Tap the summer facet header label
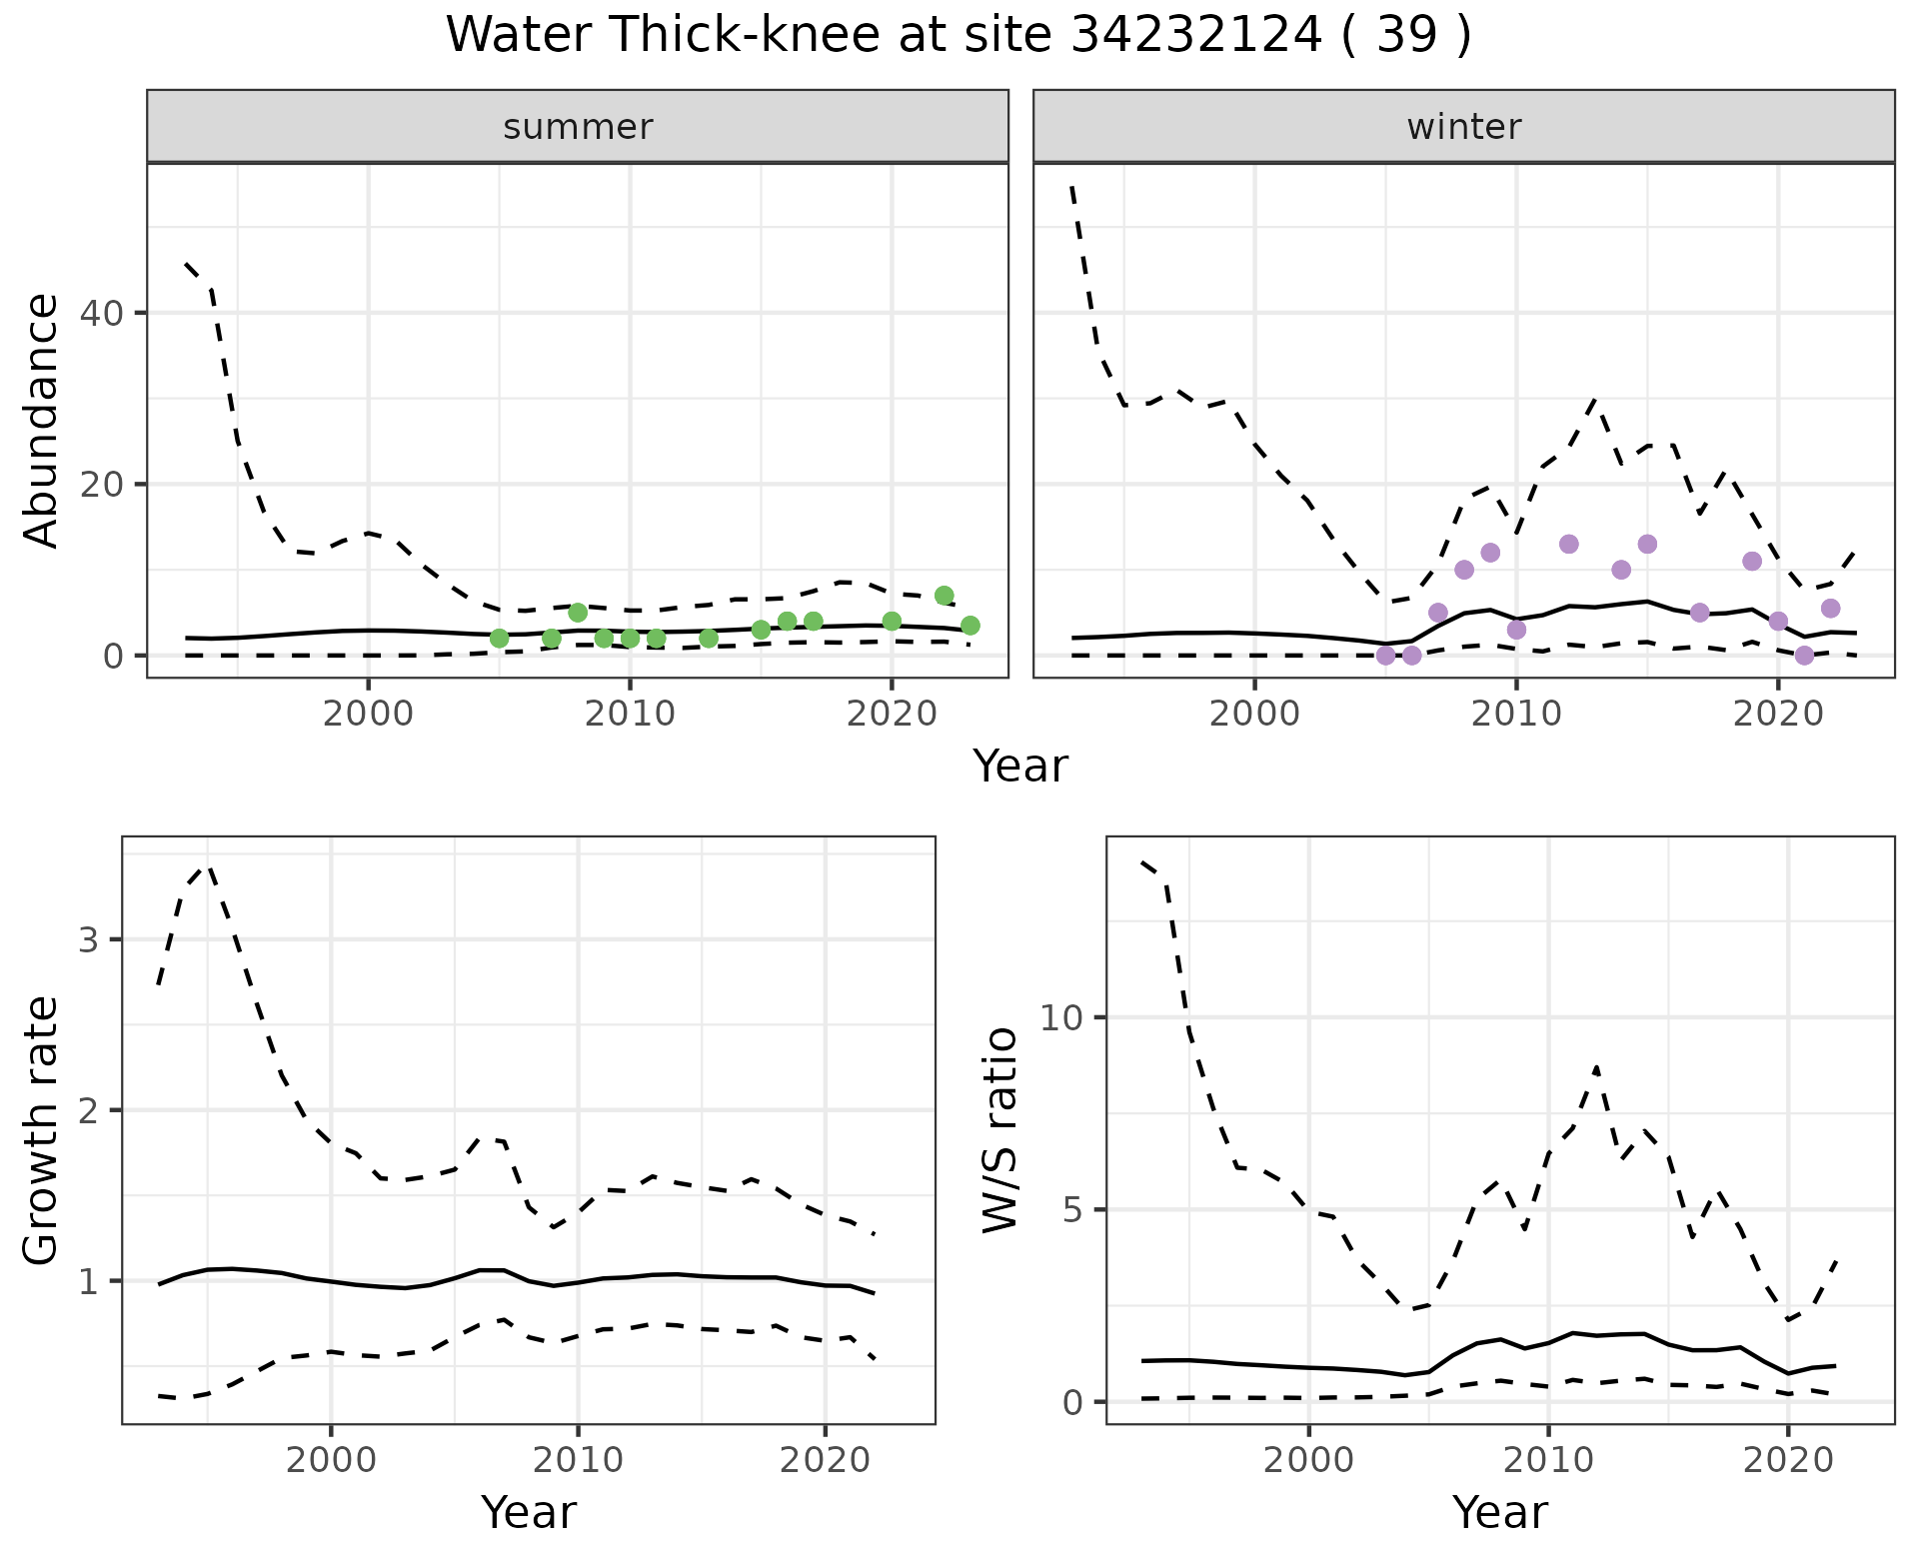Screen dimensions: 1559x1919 tap(578, 127)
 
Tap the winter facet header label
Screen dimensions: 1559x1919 tap(1464, 127)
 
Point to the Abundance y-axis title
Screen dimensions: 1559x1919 tap(42, 421)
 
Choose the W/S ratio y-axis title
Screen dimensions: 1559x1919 tap(1000, 1130)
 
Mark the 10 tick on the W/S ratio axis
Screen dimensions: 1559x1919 tap(1061, 1018)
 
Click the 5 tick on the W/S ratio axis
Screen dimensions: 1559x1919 tap(1071, 1210)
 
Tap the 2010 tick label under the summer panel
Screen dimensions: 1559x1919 tap(630, 714)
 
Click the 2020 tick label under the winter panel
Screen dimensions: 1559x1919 tap(1778, 714)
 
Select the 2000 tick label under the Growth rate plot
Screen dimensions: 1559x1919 tap(331, 1460)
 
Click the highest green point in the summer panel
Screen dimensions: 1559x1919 tap(944, 596)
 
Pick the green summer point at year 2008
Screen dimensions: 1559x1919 tap(578, 613)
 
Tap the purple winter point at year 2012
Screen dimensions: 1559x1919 tap(1568, 544)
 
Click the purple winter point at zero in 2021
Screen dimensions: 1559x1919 tap(1804, 656)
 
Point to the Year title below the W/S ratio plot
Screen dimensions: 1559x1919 tap(1500, 1512)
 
